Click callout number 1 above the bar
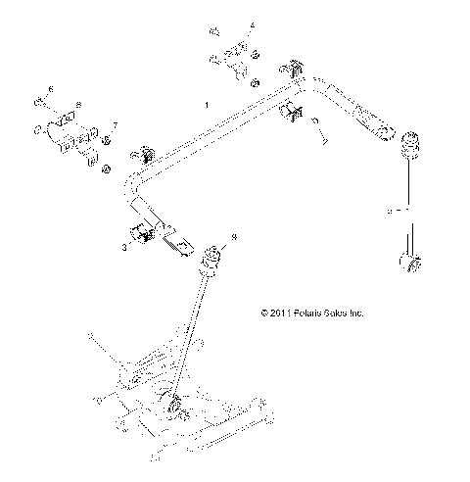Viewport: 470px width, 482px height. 206,104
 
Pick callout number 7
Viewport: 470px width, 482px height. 115,125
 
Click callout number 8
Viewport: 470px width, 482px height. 78,104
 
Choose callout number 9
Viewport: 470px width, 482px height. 232,237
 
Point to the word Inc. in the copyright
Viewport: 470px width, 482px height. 356,313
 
